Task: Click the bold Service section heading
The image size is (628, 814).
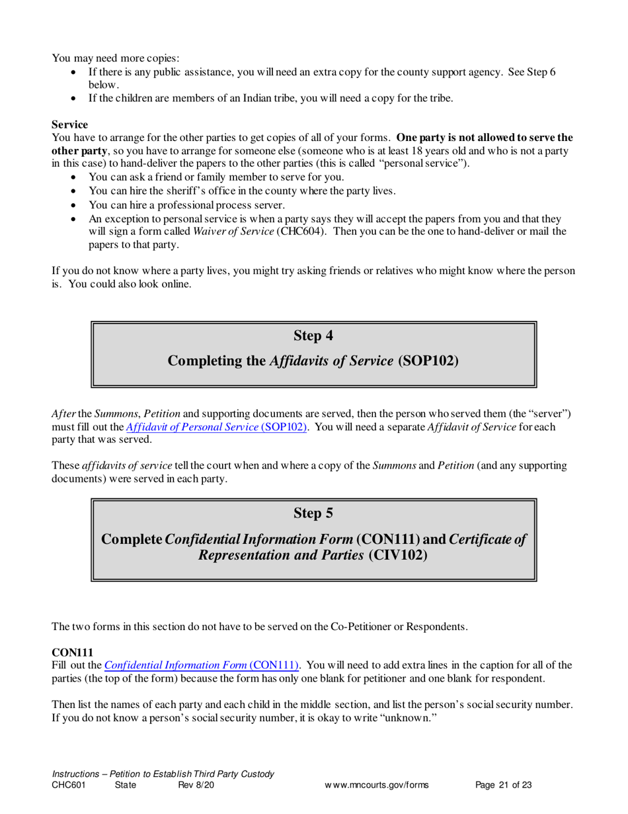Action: tap(70, 124)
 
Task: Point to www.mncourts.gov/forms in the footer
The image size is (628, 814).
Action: tap(377, 786)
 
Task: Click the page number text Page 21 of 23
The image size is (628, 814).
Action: tap(504, 786)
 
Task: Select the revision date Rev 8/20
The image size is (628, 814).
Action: tap(196, 786)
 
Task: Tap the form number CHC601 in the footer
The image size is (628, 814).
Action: tap(68, 786)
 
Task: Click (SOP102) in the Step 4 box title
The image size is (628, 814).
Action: tap(428, 361)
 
